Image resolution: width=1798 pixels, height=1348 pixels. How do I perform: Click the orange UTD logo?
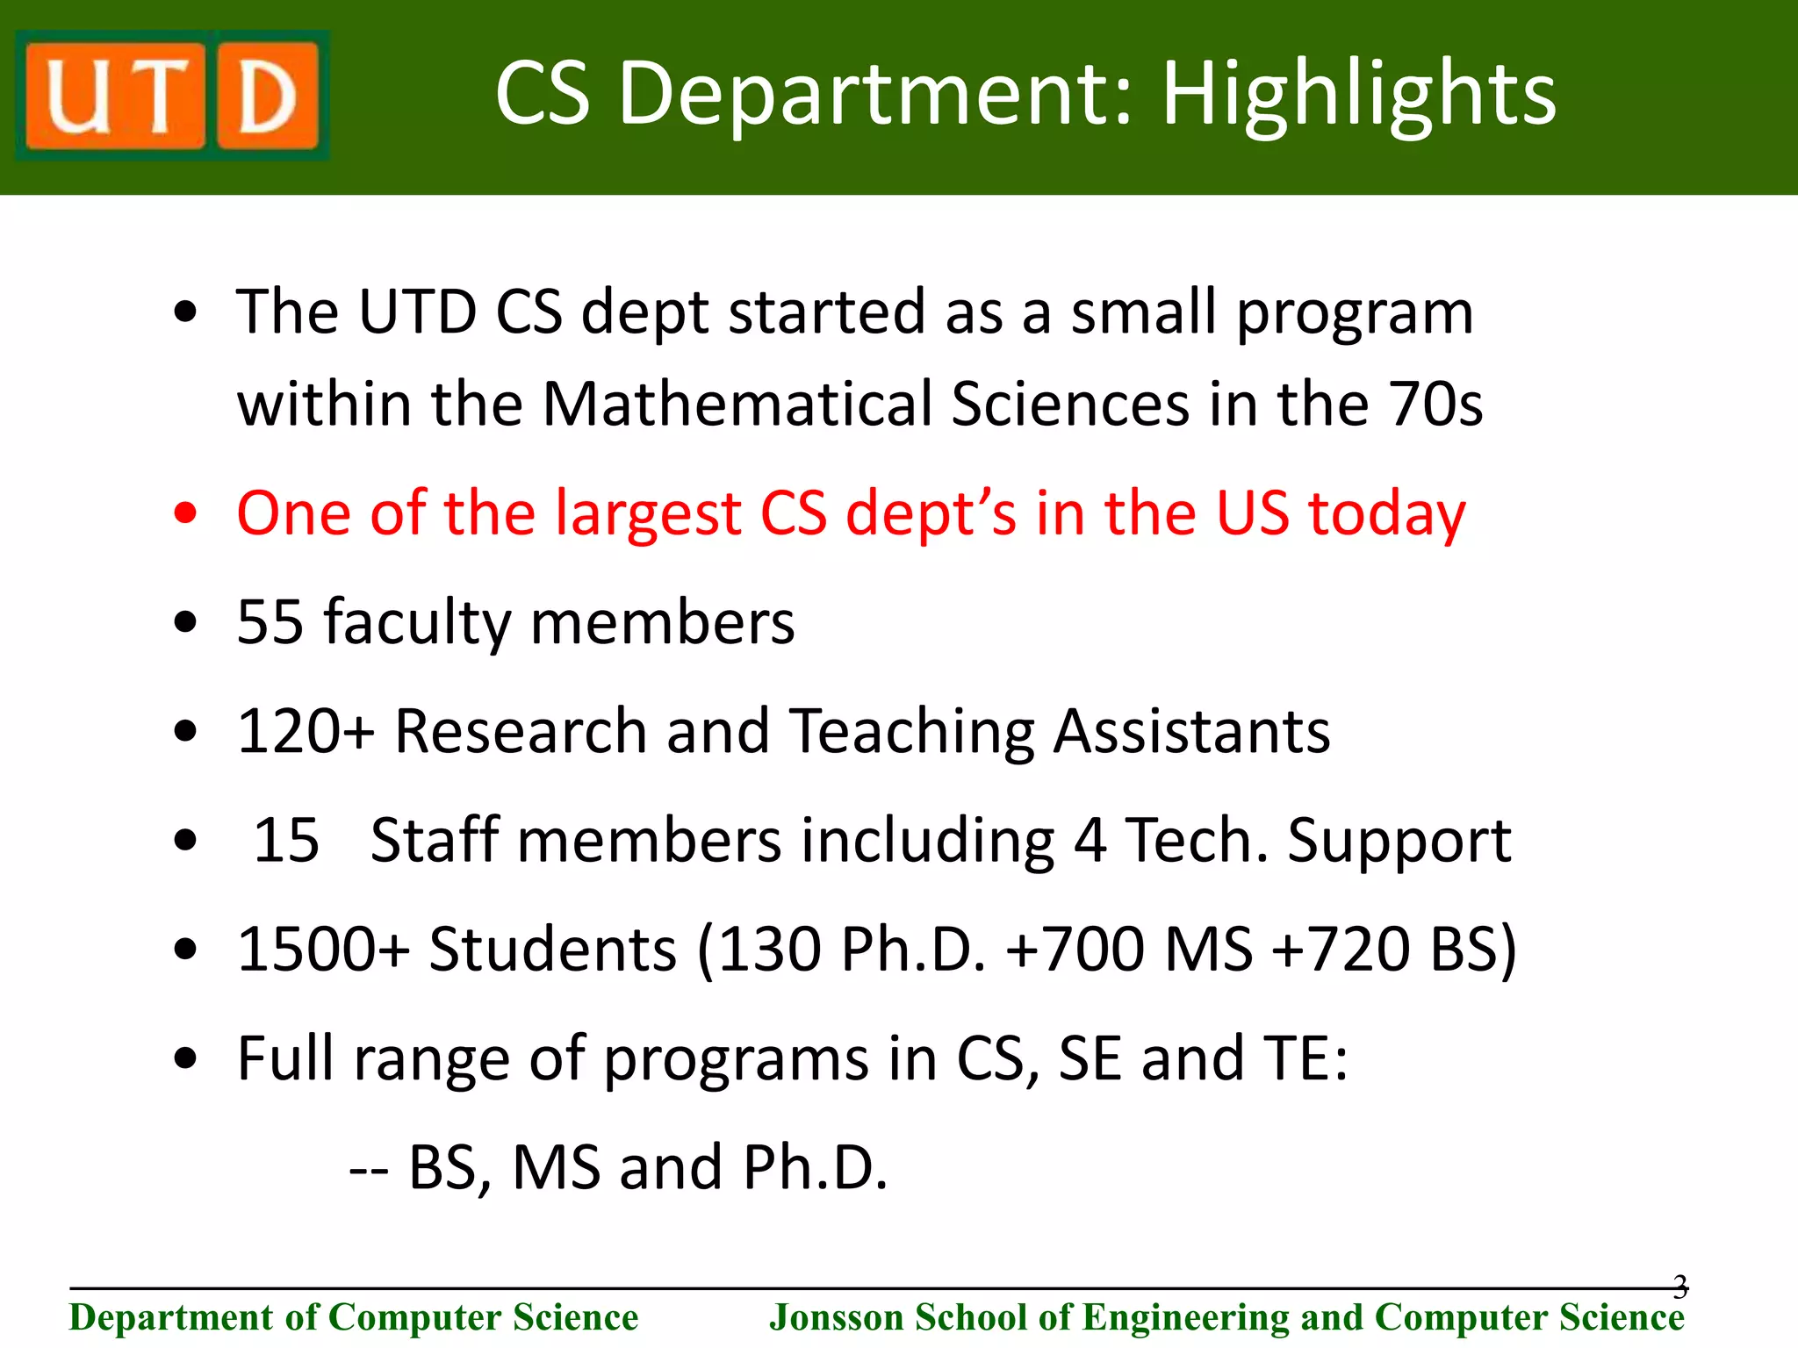tap(172, 96)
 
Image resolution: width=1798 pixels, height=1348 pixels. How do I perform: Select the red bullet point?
tap(185, 513)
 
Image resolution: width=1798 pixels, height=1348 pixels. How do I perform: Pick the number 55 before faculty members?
tap(270, 622)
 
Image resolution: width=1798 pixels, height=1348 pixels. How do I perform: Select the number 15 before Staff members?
tap(286, 840)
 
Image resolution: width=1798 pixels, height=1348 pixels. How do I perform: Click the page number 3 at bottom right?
tap(1679, 1287)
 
